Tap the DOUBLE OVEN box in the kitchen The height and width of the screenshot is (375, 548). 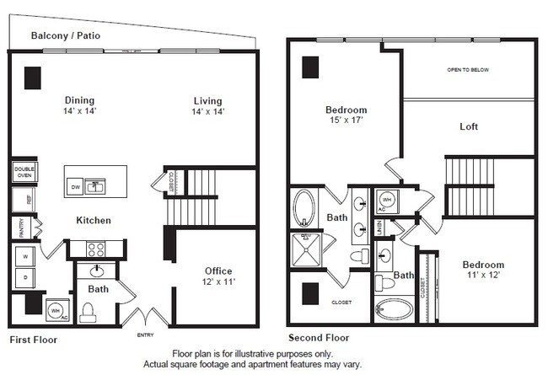[x=24, y=172]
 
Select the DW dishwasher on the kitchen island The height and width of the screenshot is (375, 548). [x=74, y=186]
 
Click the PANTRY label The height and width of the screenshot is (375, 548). [x=18, y=228]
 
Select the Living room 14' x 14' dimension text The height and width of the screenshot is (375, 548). [x=207, y=111]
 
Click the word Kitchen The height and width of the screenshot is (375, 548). [x=93, y=221]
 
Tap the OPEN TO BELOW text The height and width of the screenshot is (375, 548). [x=467, y=70]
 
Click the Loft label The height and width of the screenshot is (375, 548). [x=469, y=127]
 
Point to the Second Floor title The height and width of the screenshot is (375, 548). [x=319, y=337]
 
